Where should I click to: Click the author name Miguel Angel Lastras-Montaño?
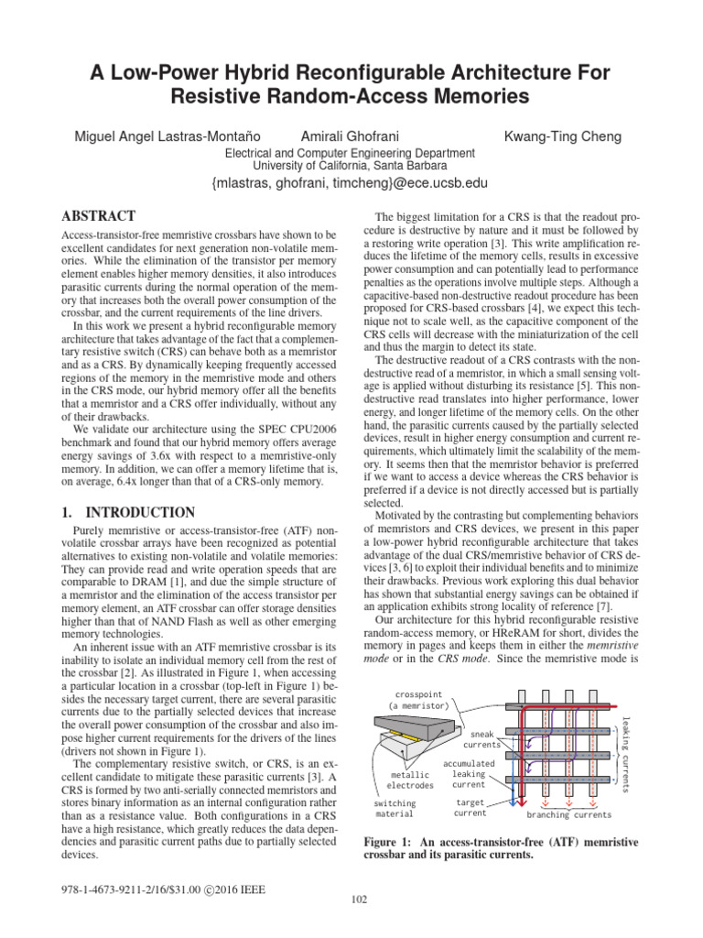(x=174, y=136)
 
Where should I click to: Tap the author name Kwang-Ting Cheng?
(x=563, y=136)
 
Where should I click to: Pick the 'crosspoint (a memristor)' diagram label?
(x=421, y=700)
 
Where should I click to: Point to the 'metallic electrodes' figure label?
(x=409, y=780)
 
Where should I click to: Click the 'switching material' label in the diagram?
(x=394, y=807)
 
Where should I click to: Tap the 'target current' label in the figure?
(x=470, y=807)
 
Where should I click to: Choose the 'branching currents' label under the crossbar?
(x=568, y=813)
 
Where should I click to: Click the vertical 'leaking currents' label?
(x=626, y=751)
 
